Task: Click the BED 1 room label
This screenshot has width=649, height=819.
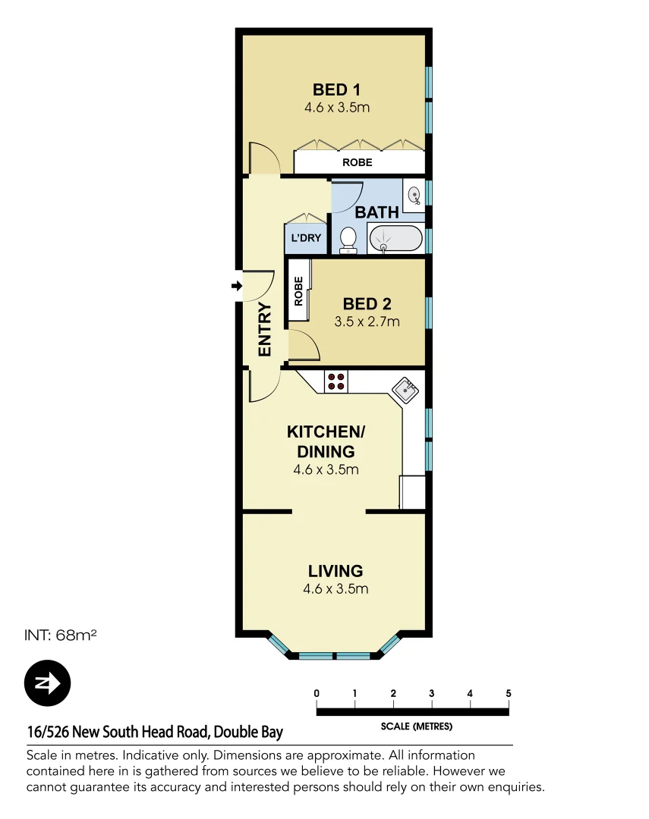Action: point(336,90)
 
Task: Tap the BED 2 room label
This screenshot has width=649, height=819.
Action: point(367,304)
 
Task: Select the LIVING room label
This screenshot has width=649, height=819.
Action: point(336,571)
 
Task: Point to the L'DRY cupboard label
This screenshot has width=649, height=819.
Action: point(307,238)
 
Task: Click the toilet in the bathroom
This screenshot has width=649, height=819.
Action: point(348,239)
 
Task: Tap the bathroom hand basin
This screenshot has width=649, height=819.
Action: point(414,196)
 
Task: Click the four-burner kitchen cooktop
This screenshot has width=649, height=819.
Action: point(336,381)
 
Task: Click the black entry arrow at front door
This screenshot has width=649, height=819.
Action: point(236,286)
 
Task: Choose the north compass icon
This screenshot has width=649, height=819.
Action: point(47,683)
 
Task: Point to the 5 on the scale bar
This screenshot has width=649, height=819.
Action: point(508,693)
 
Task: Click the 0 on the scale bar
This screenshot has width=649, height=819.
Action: point(316,693)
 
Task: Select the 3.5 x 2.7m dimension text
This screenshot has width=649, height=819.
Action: point(367,322)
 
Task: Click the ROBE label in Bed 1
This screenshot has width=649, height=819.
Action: point(357,162)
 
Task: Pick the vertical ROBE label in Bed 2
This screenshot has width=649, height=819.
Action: point(298,290)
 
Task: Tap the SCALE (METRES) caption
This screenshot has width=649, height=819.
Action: point(416,726)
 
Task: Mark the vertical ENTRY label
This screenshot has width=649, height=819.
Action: point(264,329)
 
